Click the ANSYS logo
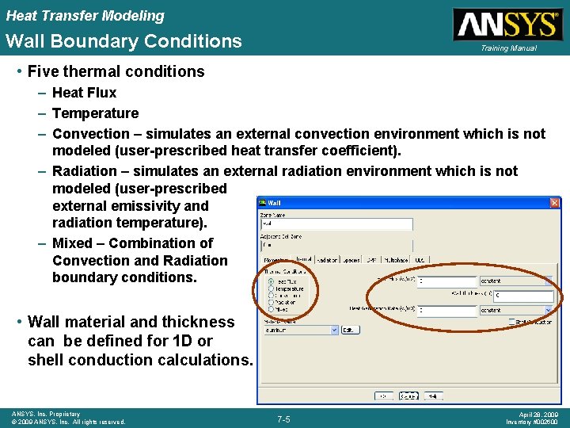click(506, 25)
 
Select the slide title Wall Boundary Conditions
click(123, 41)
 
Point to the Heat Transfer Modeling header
click(85, 15)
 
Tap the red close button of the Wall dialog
click(555, 204)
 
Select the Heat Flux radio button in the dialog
click(272, 281)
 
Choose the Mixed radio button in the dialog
click(272, 310)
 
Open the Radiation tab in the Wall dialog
click(326, 259)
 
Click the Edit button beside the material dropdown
click(348, 329)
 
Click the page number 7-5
click(283, 418)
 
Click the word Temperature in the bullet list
click(95, 113)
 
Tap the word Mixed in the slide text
click(75, 243)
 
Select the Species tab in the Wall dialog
click(351, 259)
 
